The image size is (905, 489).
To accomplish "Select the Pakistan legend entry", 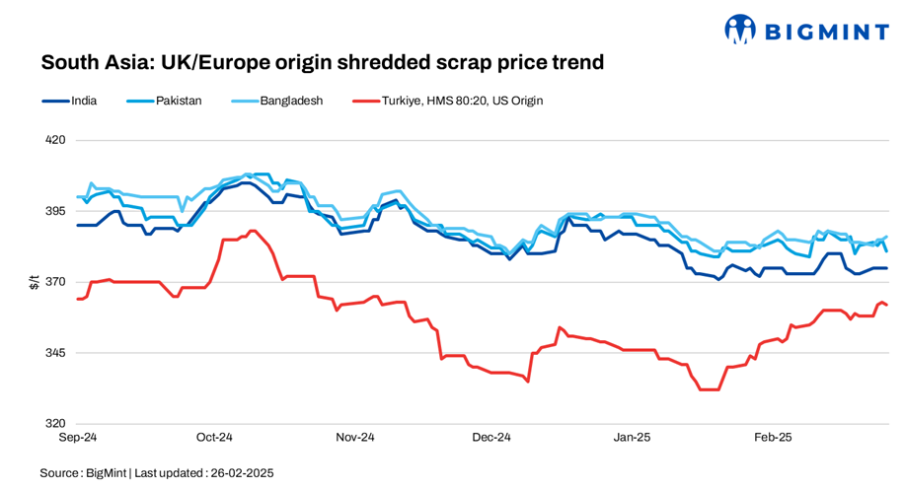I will point(178,101).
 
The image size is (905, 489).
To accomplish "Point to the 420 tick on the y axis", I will point(55,140).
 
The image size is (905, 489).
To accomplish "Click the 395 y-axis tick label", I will point(55,211).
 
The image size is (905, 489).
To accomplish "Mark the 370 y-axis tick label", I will point(55,282).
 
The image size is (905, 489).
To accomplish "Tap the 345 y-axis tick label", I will point(55,353).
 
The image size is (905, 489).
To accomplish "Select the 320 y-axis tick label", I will point(55,424).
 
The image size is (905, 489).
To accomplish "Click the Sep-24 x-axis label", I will point(78,437).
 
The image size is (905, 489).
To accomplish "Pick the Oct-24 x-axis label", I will point(214,437).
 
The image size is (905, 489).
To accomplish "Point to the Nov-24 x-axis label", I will point(355,437).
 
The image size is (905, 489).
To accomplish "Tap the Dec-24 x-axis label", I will point(491,437).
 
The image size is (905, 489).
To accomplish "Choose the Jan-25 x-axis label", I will point(633,437).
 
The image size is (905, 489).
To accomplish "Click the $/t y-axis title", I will point(34,282).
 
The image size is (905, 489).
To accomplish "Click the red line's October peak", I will point(252,231).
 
